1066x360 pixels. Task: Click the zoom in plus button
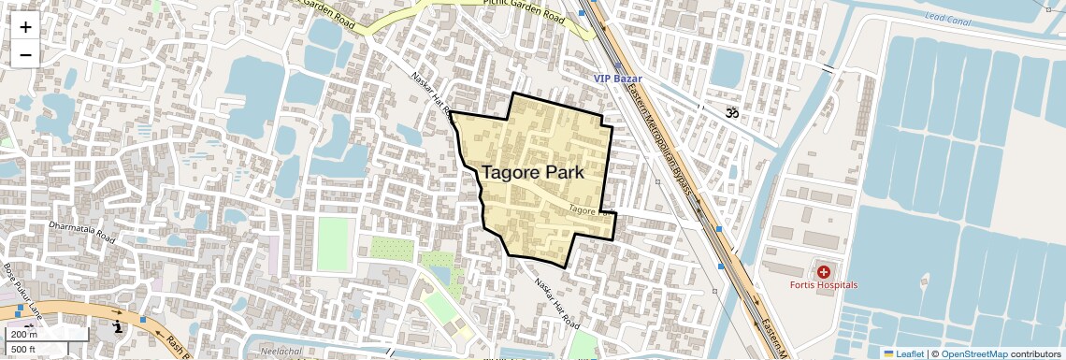(x=25, y=27)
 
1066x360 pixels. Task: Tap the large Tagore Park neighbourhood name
(x=532, y=173)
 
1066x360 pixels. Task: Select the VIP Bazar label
(x=621, y=78)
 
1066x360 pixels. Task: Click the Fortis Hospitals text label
(x=823, y=284)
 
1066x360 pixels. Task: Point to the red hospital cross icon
(x=823, y=271)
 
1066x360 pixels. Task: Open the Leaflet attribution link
(x=903, y=353)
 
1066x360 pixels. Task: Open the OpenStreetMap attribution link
(x=974, y=353)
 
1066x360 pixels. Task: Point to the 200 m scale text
(x=24, y=335)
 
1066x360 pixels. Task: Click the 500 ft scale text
(x=24, y=350)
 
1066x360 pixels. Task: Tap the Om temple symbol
(x=731, y=112)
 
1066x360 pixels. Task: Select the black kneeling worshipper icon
(x=117, y=326)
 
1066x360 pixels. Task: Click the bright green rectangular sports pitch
(x=332, y=242)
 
